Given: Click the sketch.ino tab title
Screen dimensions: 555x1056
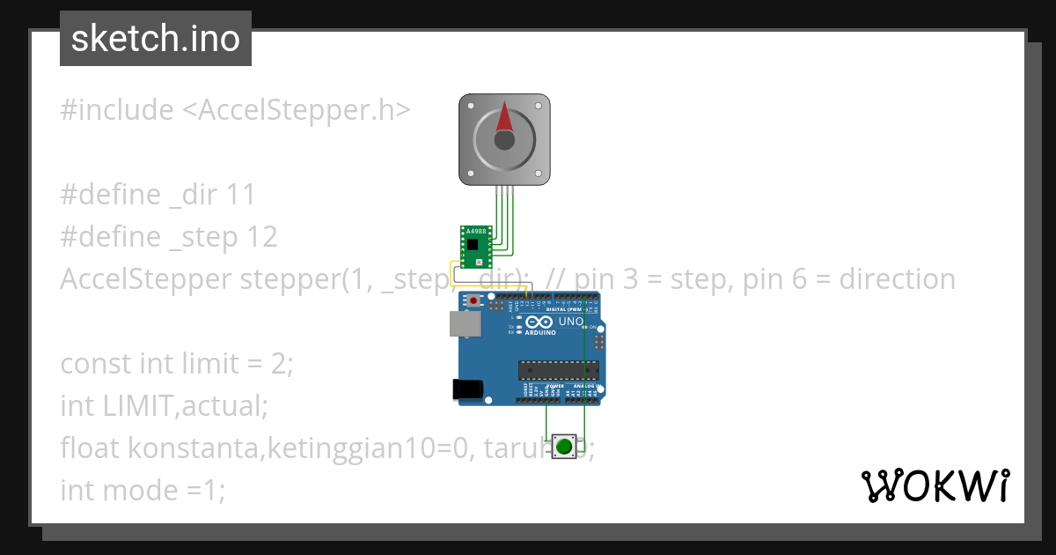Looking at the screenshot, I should pyautogui.click(x=155, y=39).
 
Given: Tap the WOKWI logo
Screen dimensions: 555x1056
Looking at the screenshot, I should pyautogui.click(x=935, y=485).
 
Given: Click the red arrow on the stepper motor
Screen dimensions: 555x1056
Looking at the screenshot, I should pyautogui.click(x=504, y=117).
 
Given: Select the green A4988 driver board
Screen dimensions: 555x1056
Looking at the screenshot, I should pyautogui.click(x=475, y=247).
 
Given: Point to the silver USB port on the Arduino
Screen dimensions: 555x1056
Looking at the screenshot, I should pyautogui.click(x=465, y=324).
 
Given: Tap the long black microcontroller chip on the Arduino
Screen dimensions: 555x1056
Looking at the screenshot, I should pyautogui.click(x=558, y=368).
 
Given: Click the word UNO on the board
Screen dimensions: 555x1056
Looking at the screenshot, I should pyautogui.click(x=571, y=322).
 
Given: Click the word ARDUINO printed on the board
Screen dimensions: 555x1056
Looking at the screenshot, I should pyautogui.click(x=540, y=333).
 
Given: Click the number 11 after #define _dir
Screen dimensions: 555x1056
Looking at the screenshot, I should pyautogui.click(x=240, y=195).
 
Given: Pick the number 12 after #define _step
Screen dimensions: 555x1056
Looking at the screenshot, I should pyautogui.click(x=262, y=237).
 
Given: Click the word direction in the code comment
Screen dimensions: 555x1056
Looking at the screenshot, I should pyautogui.click(x=897, y=279).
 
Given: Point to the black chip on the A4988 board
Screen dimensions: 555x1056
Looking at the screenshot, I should pyautogui.click(x=473, y=244).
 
